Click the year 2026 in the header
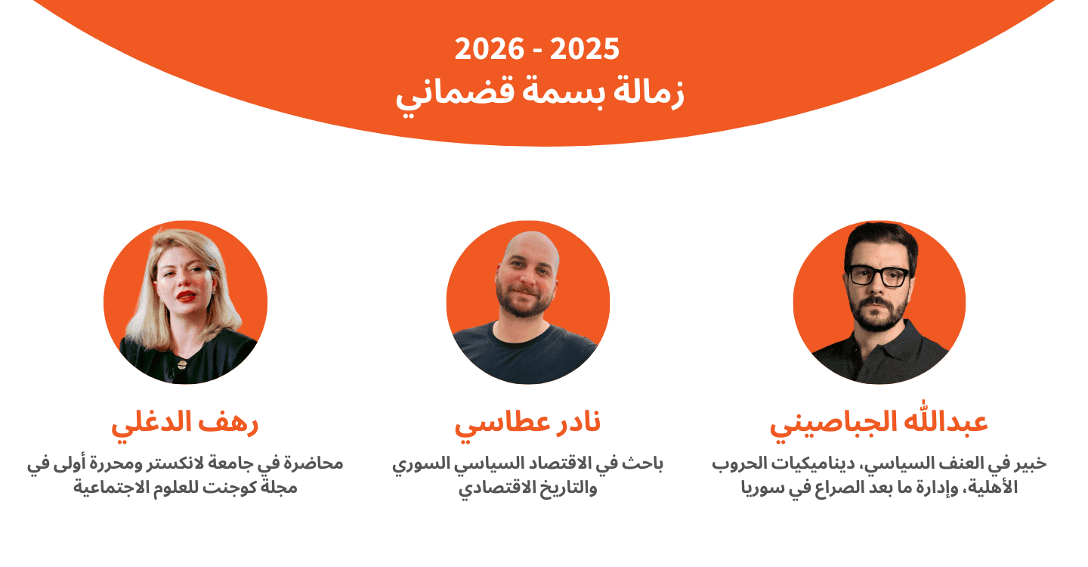489,49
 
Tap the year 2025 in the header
585,49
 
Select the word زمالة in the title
649,91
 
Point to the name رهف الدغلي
185,422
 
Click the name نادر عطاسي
527,423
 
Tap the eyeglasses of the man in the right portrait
878,276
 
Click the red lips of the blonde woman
186,296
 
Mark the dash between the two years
537,51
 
